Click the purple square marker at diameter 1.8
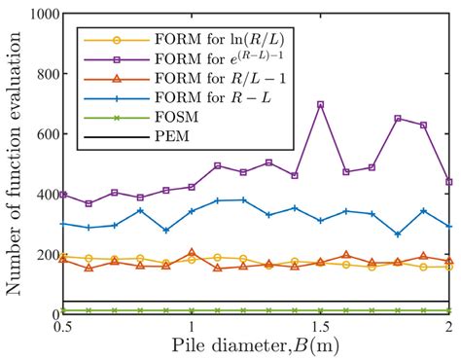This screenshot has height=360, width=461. click(397, 119)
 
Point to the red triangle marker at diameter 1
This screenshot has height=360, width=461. click(192, 252)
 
